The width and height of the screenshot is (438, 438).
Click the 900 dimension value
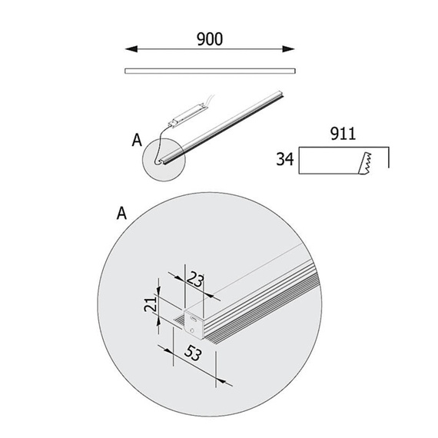coord(210,39)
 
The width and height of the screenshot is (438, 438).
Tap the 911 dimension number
coord(343,134)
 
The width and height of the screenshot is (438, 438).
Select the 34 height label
coord(285,159)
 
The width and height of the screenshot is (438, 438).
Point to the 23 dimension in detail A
coord(195,280)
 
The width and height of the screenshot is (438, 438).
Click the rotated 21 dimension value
coord(151,304)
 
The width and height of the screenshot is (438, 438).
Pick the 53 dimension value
coord(193,353)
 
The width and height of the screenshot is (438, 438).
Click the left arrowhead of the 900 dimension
coord(131,49)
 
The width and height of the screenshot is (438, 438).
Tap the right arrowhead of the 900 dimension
coord(289,49)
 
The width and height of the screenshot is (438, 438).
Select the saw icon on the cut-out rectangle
coord(365,164)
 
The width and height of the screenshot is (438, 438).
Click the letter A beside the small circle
coord(137,140)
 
